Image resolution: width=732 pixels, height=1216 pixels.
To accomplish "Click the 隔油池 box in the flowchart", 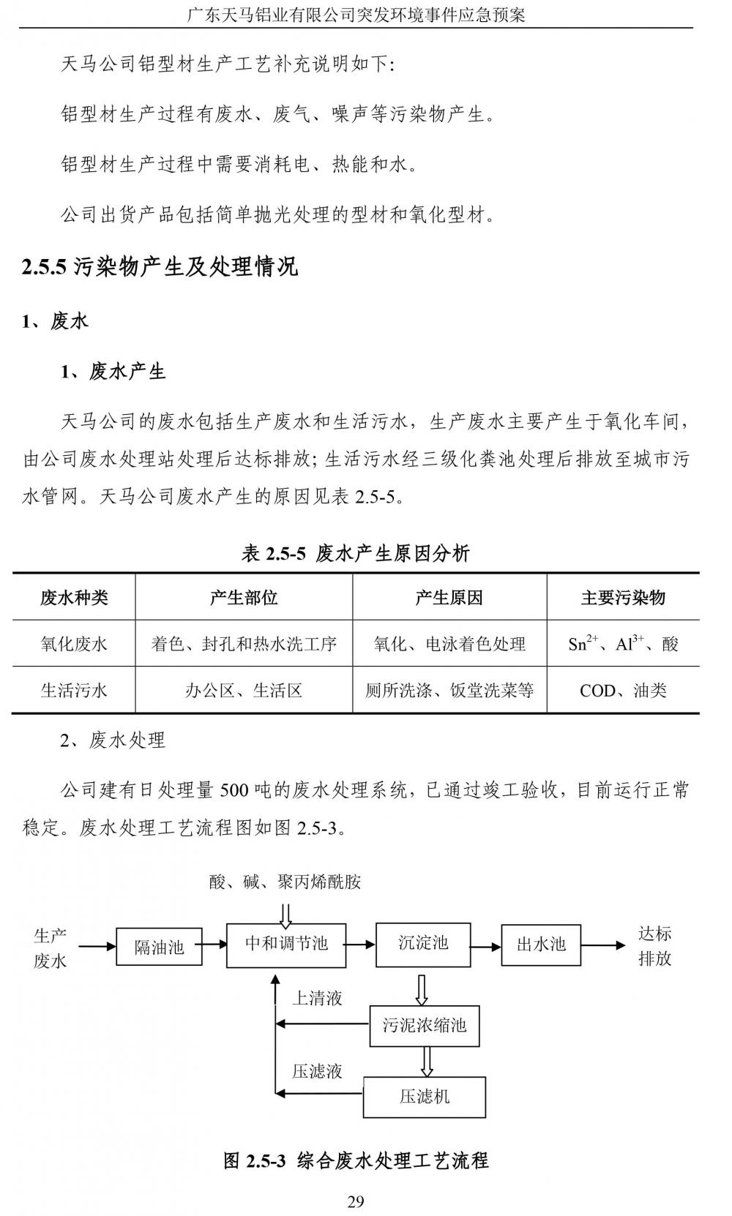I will click(159, 946).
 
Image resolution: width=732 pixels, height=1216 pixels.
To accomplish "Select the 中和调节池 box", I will click(285, 944).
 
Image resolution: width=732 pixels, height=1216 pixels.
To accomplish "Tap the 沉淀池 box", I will click(423, 944).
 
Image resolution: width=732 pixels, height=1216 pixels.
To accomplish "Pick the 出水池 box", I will click(541, 945).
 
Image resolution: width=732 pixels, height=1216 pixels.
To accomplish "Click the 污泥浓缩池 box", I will click(424, 1026).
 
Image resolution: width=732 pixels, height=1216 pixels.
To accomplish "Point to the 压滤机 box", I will click(425, 1097).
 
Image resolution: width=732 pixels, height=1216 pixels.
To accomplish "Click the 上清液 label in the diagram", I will click(317, 998).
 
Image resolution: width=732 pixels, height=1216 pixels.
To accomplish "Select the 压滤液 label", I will click(317, 1071).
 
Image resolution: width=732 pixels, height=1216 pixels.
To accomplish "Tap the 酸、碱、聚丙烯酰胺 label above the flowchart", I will click(285, 882).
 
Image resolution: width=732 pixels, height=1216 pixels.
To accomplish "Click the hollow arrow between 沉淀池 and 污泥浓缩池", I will click(422, 989).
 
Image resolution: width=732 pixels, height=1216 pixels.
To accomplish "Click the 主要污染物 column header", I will click(623, 598).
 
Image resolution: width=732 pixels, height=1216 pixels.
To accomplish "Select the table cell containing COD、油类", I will click(623, 690).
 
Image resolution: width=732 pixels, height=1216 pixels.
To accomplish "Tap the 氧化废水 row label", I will click(74, 644).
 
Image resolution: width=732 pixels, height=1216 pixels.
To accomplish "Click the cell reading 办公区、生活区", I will click(244, 690).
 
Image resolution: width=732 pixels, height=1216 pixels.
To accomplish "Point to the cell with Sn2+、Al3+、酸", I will click(623, 644).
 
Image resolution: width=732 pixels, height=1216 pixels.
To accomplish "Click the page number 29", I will click(356, 1201).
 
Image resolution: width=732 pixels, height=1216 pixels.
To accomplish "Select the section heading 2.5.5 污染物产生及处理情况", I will click(160, 266).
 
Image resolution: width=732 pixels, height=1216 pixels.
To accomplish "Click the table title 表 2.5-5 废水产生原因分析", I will click(356, 553).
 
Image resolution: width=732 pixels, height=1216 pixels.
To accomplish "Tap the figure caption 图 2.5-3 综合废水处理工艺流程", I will click(356, 1160).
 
